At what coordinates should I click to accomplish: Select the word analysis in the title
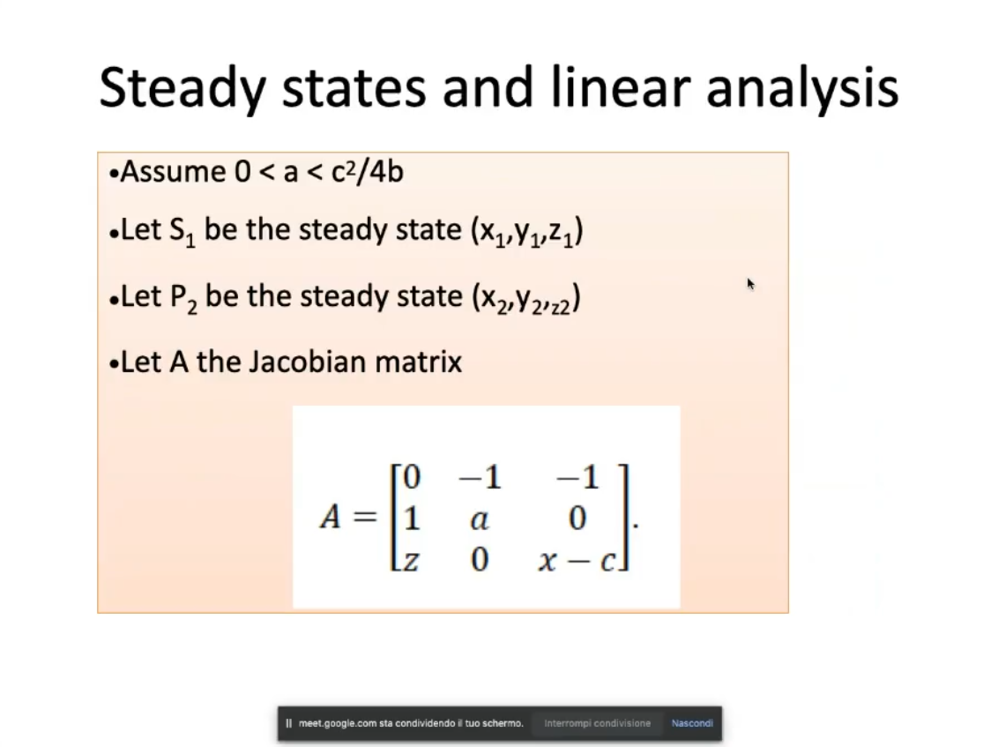pos(802,88)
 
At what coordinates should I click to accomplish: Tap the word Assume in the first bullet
pos(173,172)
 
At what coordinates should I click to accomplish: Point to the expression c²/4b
pos(368,172)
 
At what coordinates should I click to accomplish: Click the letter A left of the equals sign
pos(331,517)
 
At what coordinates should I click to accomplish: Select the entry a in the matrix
pos(480,519)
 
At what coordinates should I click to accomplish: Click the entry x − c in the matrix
pos(577,560)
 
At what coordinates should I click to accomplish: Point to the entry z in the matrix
pos(412,560)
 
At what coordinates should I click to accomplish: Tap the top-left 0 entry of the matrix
pos(412,476)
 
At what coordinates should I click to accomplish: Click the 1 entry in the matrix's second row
pos(411,518)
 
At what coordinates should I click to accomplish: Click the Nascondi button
pos(692,723)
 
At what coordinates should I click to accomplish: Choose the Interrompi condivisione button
pos(597,723)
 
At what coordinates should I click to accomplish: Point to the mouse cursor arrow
pos(750,284)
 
